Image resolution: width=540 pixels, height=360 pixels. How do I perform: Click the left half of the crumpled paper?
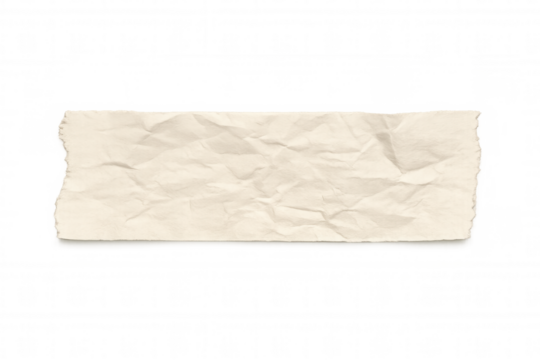click(x=160, y=172)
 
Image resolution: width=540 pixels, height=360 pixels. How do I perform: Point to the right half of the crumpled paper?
click(x=380, y=172)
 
